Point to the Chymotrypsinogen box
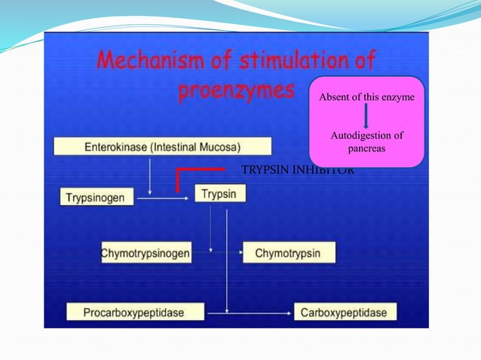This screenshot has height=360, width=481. [146, 253]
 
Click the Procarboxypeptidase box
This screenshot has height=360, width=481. [135, 310]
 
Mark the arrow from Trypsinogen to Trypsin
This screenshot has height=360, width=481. [163, 200]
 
